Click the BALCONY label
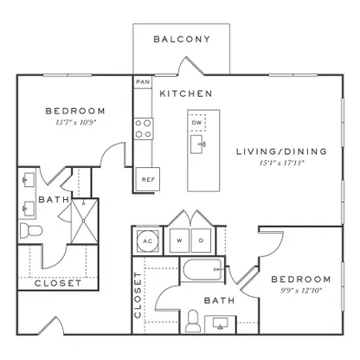click(182, 39)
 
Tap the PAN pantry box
click(143, 82)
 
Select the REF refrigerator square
click(148, 179)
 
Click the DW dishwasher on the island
click(196, 123)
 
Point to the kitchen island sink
click(197, 144)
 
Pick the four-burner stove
click(144, 129)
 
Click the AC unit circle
click(148, 241)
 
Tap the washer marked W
click(179, 241)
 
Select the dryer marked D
click(201, 241)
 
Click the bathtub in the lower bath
click(202, 269)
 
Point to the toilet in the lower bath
click(193, 321)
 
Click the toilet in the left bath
click(31, 231)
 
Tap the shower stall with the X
click(85, 221)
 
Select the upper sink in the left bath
click(29, 180)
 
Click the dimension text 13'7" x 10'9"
click(75, 122)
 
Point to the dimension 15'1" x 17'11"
click(282, 163)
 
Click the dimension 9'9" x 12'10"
click(301, 291)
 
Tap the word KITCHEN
click(186, 93)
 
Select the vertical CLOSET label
click(138, 295)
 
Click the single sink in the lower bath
click(221, 323)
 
